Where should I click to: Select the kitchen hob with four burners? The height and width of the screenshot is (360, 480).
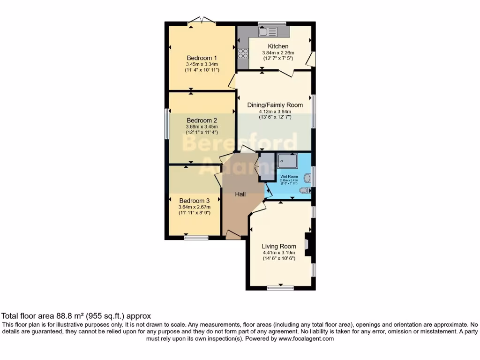point(243,53)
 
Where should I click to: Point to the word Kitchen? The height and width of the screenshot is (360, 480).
point(278,46)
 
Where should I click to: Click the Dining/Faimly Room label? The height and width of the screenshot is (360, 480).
point(275,105)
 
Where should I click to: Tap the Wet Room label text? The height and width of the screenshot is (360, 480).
point(289,177)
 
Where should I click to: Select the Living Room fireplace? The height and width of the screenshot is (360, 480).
point(307,244)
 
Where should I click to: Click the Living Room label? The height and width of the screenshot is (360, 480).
point(279,246)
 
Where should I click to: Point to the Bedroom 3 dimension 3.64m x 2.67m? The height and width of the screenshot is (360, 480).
point(195,207)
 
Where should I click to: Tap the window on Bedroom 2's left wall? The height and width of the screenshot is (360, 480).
point(166,124)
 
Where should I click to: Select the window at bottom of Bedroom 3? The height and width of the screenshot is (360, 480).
point(196,238)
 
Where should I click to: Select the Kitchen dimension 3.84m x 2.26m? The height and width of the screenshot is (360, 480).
point(278,53)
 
